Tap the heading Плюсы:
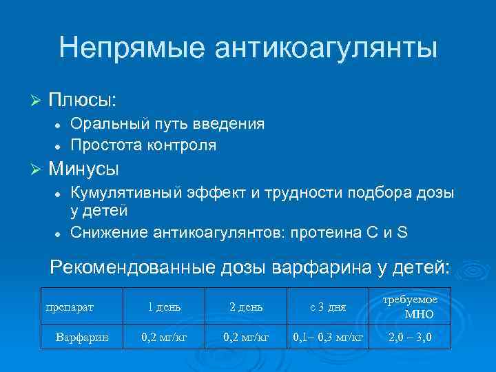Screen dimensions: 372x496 83,101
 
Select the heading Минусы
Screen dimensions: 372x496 83,168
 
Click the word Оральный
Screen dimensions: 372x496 106,124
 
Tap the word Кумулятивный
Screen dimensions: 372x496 122,192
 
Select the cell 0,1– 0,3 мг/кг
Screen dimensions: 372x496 328,338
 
